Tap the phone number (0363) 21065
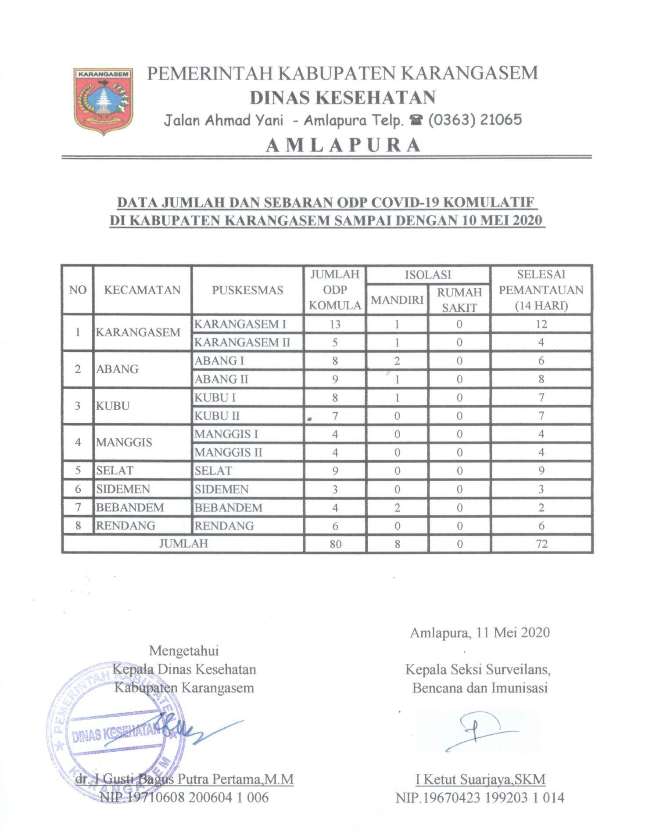point(475,120)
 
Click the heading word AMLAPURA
point(344,145)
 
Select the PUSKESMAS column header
point(247,290)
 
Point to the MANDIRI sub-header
point(397,299)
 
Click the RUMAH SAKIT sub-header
point(459,300)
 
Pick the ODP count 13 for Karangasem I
point(335,324)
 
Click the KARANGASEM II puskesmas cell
point(242,342)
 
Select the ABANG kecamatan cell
point(118,369)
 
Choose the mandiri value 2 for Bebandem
point(397,508)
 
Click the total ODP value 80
point(335,544)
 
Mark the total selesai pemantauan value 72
point(541,544)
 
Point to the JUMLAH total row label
point(183,544)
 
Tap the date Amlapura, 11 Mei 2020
point(480,632)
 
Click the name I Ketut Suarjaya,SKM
point(480,779)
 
